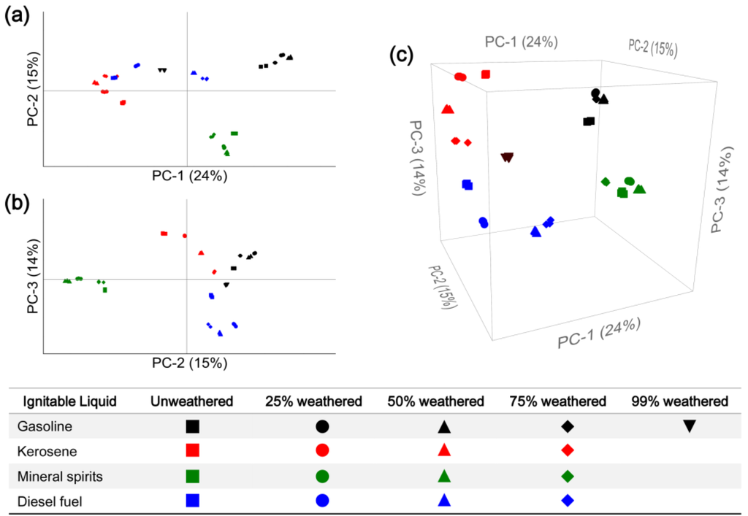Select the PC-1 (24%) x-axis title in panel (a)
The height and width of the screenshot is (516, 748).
[189, 176]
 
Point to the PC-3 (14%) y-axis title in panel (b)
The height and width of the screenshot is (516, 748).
[33, 280]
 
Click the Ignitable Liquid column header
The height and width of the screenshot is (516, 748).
[69, 401]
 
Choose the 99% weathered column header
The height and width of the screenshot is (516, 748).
[680, 401]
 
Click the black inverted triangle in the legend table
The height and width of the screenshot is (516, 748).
[689, 426]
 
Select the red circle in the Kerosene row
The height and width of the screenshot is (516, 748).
[322, 451]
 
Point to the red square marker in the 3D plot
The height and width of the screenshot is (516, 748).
[486, 74]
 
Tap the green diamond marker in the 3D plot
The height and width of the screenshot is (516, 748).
[605, 181]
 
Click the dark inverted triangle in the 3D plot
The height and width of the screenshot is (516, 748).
[507, 157]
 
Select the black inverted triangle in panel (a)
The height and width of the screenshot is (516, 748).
[162, 70]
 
